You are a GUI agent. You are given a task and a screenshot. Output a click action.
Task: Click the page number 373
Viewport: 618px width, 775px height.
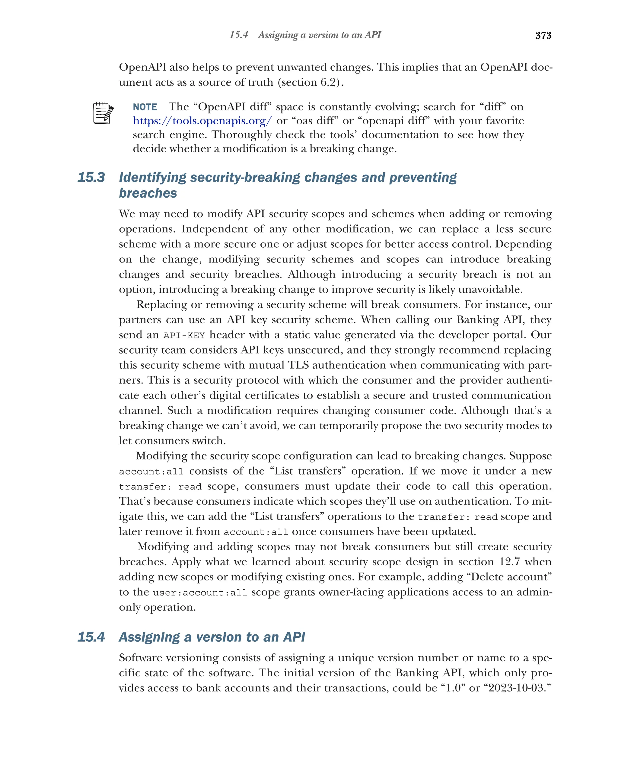[543, 35]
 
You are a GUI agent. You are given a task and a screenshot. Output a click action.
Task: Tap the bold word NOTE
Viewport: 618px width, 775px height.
[145, 107]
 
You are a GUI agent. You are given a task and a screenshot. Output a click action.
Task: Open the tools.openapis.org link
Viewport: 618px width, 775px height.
[202, 121]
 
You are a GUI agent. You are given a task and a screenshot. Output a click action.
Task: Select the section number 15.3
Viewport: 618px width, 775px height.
[91, 178]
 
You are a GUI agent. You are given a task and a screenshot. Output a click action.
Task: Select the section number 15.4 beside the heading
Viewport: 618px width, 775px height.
[91, 637]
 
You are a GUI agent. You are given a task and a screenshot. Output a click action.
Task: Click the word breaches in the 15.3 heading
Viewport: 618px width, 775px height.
[148, 193]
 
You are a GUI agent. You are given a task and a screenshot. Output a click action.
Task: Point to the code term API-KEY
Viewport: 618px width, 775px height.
[184, 335]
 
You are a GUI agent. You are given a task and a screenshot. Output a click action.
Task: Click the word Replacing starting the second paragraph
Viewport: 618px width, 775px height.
[161, 305]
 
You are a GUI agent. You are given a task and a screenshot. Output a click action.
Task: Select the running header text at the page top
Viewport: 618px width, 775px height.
[305, 35]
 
